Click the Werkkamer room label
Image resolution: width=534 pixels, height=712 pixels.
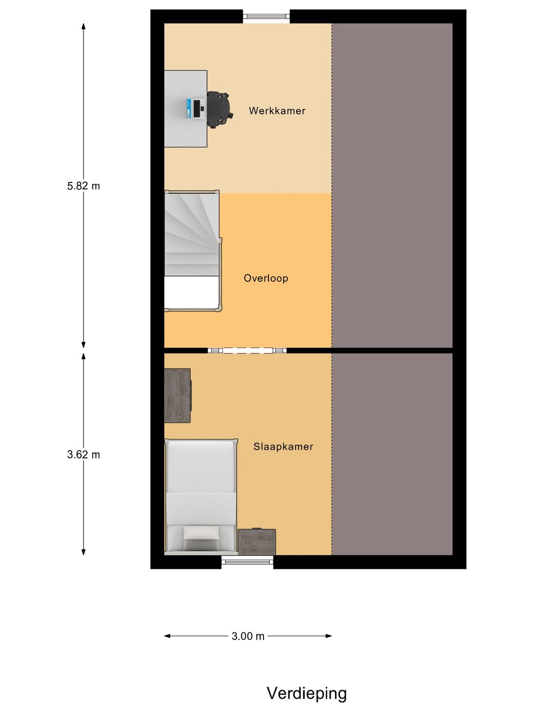[277, 111]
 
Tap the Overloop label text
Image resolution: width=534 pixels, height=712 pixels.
[266, 278]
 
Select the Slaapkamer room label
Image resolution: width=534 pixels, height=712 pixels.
[283, 446]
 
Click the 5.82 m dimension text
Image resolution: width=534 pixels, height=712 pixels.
[84, 186]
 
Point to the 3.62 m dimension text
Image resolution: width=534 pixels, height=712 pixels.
[84, 454]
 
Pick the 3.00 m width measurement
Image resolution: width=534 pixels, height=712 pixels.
[248, 636]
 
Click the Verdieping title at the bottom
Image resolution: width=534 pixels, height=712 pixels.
[307, 693]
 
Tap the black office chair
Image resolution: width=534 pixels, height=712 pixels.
[219, 109]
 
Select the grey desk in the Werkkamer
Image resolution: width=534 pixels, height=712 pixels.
[185, 133]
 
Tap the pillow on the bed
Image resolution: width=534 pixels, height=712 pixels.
[201, 533]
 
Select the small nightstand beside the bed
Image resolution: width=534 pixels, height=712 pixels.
[257, 542]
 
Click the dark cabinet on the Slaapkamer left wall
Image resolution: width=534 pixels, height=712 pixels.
[177, 396]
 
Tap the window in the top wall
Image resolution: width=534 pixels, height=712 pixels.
[266, 17]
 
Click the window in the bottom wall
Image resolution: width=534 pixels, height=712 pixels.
[247, 561]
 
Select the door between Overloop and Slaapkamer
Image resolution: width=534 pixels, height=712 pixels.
[247, 351]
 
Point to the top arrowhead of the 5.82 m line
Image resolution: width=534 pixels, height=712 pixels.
[84, 26]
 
